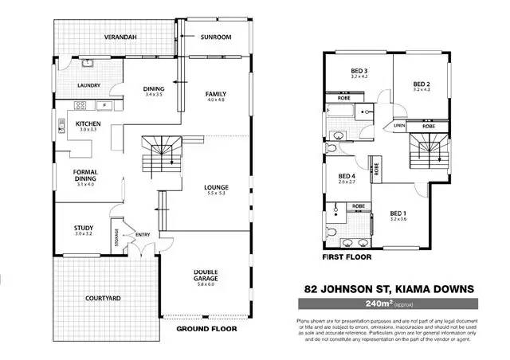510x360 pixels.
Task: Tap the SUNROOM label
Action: [216, 37]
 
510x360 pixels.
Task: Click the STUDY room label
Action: [84, 229]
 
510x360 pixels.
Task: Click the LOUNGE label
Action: [217, 187]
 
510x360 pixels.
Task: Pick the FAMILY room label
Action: [216, 93]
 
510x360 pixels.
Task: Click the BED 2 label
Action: [422, 84]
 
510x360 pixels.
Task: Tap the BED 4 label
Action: [347, 176]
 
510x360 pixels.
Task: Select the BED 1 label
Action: [399, 213]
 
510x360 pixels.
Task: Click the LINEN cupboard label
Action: [400, 126]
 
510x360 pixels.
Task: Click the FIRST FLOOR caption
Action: [343, 259]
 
